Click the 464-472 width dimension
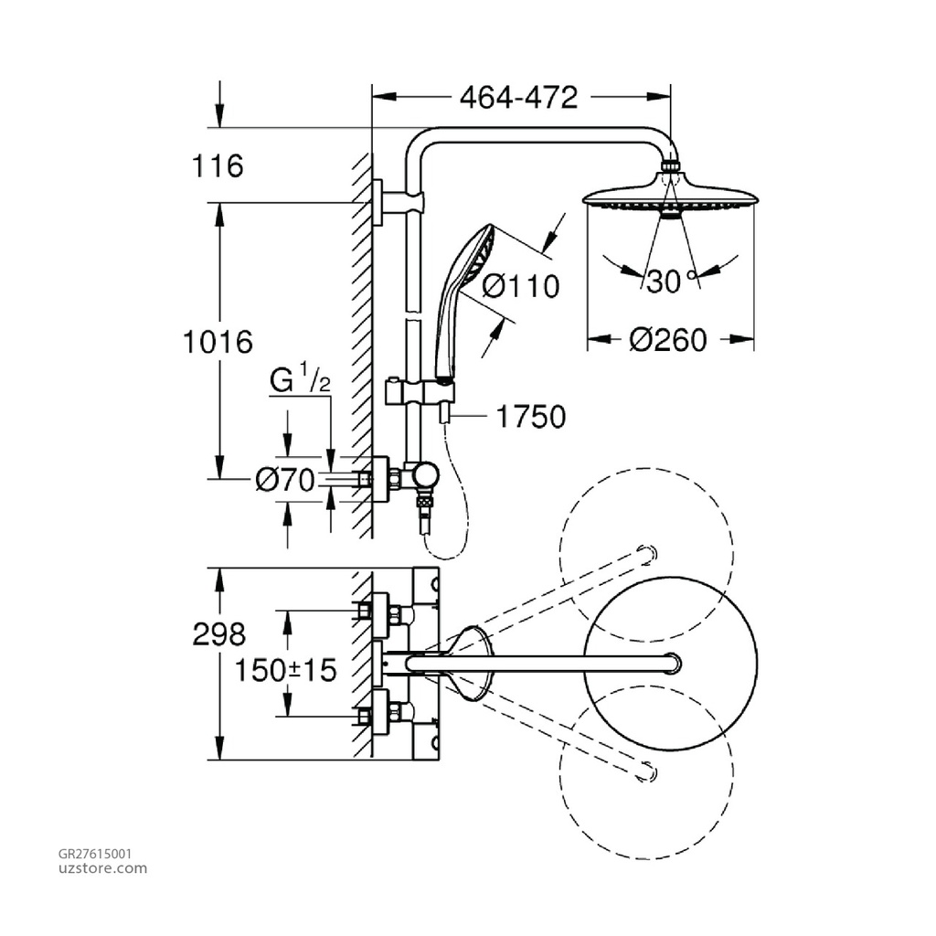point(518,97)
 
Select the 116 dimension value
point(218,166)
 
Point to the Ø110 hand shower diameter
point(519,286)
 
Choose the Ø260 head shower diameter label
point(668,340)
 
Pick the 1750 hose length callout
point(530,417)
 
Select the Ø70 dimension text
point(285,479)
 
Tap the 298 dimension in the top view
point(219,634)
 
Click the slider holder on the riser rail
point(416,391)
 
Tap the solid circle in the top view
point(670,662)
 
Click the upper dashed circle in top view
point(646,538)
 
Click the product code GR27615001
point(95,853)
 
